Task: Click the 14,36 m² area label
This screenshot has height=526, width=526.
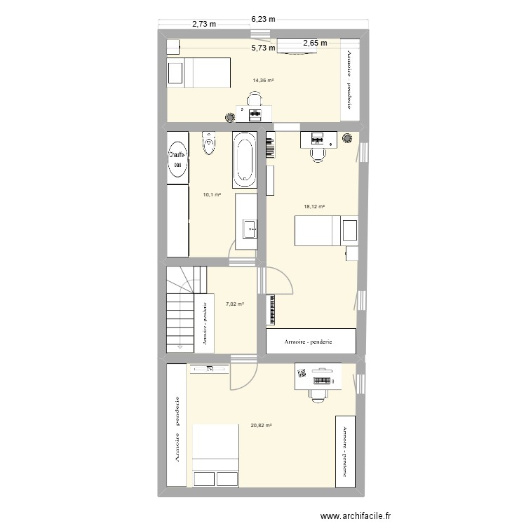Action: pos(263,81)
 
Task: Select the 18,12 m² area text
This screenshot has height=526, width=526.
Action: pos(314,207)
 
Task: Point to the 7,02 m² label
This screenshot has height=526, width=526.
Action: pos(235,304)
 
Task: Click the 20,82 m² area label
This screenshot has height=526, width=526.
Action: pos(260,425)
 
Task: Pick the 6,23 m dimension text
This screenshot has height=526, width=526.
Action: pos(262,20)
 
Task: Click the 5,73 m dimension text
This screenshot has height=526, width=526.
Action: pos(263,48)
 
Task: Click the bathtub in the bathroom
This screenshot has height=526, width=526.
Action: pos(245,160)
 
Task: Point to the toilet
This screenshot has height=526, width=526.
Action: pos(208,144)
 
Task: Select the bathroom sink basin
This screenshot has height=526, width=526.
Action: pos(249,228)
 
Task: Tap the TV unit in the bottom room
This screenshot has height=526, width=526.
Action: pos(209,367)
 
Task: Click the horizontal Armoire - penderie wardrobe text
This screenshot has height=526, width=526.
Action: pos(308,342)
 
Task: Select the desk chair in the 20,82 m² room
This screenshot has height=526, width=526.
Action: pos(318,394)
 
